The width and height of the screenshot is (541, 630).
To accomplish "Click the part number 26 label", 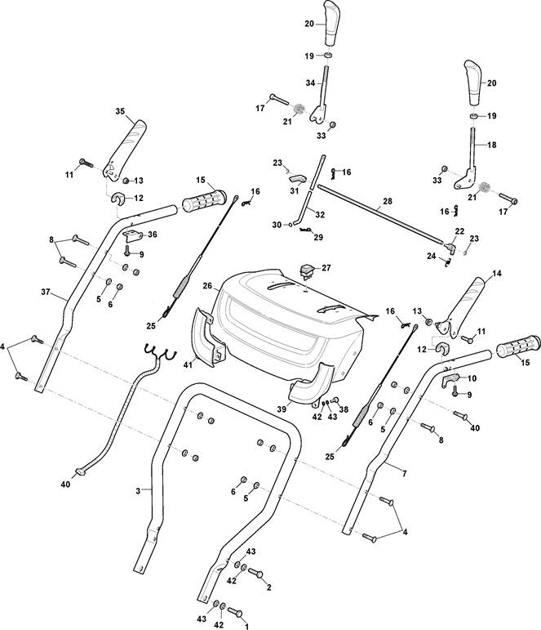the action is (207, 286).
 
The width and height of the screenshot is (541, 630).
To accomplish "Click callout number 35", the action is (120, 111).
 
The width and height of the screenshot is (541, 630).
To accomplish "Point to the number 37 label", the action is (46, 292).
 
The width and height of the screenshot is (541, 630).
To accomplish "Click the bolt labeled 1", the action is (235, 612).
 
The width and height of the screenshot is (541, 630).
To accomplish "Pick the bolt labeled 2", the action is (255, 573).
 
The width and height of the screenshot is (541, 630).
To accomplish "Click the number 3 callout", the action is (138, 490).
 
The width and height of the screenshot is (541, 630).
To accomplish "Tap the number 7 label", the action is (404, 474).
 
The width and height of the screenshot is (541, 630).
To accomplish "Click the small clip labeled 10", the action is (450, 380).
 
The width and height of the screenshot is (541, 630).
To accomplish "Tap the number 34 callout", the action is (310, 83).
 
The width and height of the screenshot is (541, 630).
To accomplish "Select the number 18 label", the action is (492, 145).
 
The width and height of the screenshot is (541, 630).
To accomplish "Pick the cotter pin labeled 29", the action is (307, 230).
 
